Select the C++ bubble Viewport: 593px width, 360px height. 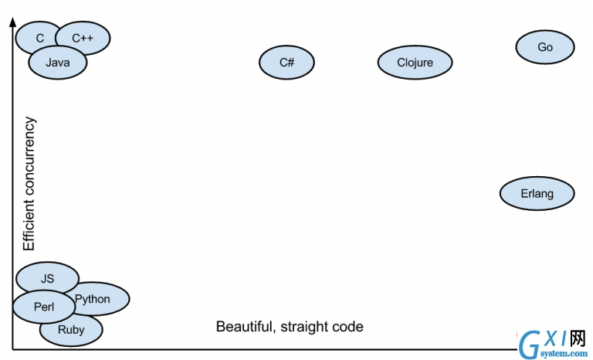click(83, 38)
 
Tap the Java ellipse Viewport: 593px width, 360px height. click(57, 63)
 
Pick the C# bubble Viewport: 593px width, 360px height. click(286, 63)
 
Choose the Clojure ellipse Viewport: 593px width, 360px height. click(415, 63)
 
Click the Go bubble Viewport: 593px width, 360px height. click(545, 47)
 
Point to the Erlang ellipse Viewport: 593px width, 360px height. click(537, 193)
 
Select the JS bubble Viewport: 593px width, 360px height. click(47, 277)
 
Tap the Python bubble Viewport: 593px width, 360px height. click(99, 299)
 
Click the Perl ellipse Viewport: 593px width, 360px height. click(44, 307)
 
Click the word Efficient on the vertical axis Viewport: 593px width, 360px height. click(29, 225)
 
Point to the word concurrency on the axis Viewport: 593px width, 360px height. click(29, 156)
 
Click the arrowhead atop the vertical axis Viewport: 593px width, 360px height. click(13, 22)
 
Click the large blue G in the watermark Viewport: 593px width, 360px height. click(530, 345)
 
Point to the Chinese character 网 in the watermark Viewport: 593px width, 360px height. click(578, 338)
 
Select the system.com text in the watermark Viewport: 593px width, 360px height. click(564, 354)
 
